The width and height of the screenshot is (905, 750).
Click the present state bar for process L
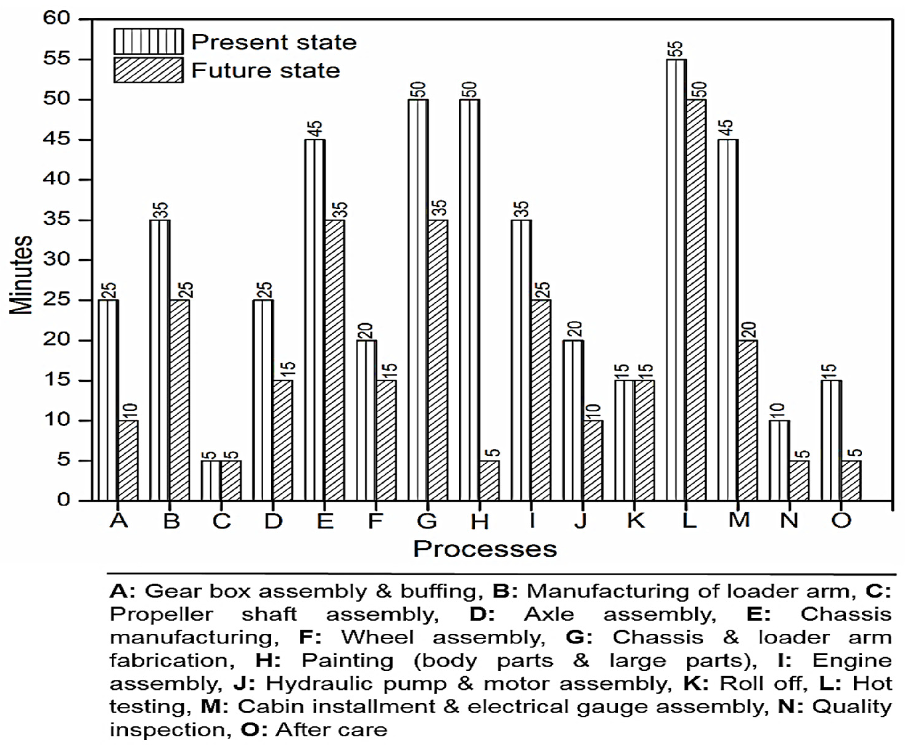[676, 280]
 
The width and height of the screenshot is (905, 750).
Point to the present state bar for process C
[211, 480]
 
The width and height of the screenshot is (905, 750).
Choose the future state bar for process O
[851, 480]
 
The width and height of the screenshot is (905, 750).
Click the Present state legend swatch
[148, 42]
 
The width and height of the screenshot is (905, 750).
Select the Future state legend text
[266, 71]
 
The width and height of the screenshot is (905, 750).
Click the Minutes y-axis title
[21, 276]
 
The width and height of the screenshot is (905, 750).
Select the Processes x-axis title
[485, 549]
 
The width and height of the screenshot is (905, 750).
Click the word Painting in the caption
[347, 660]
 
